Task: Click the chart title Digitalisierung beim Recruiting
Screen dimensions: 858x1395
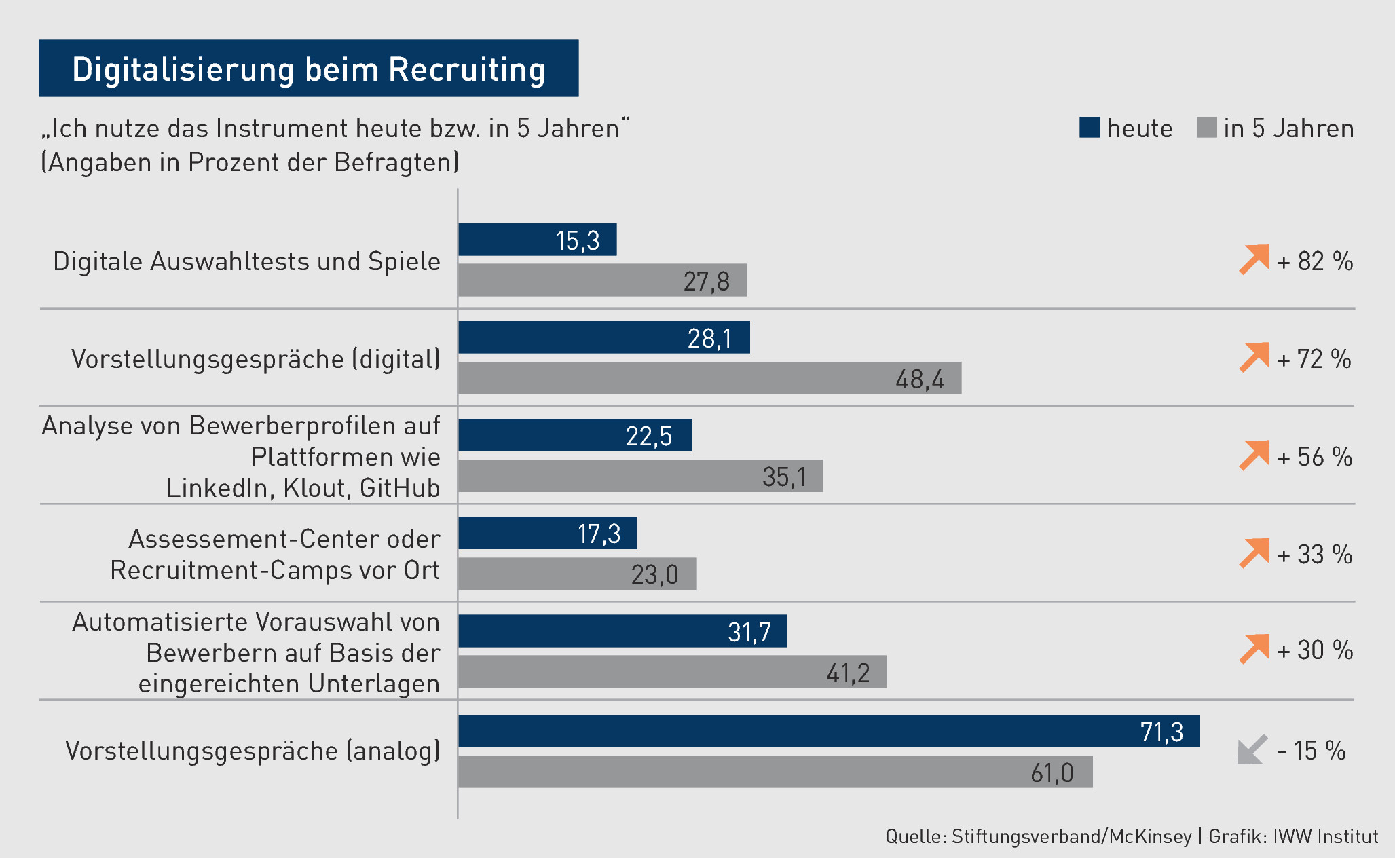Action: (x=309, y=69)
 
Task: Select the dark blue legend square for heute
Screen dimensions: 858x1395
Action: (x=1089, y=128)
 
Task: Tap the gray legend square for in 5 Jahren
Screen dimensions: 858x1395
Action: (x=1206, y=128)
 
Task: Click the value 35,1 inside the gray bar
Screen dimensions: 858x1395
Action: (x=784, y=477)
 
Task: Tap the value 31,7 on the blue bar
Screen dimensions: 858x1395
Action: (x=749, y=632)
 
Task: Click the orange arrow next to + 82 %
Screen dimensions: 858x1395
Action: (x=1254, y=259)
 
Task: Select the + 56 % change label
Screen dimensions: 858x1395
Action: (x=1315, y=457)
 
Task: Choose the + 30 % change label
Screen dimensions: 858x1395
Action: (x=1315, y=650)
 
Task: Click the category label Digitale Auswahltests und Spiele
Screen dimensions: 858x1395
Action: (x=246, y=261)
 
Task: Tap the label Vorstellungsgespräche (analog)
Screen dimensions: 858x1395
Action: (x=253, y=751)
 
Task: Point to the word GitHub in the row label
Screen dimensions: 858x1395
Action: (x=400, y=488)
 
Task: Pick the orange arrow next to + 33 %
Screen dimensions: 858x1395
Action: (x=1254, y=553)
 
